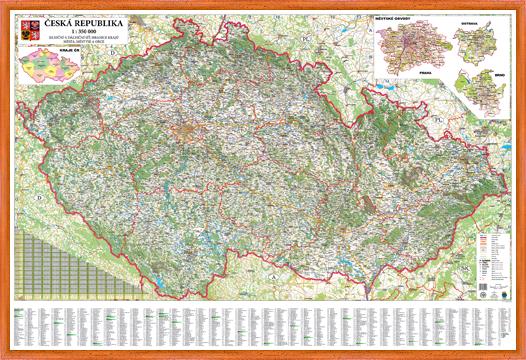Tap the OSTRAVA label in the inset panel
tap(473, 18)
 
